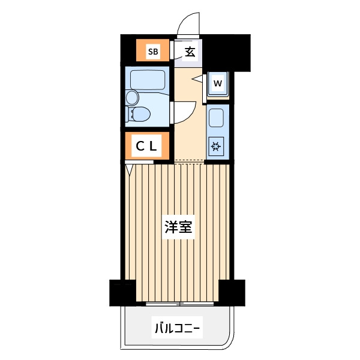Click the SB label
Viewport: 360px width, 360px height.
(x=153, y=52)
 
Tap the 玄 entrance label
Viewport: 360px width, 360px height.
(x=190, y=52)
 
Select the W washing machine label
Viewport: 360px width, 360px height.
(x=218, y=83)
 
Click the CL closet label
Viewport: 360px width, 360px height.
(x=146, y=146)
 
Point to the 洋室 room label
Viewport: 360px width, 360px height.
(x=178, y=227)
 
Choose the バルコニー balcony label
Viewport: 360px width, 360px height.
(x=177, y=328)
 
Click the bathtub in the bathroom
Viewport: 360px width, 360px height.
(x=148, y=80)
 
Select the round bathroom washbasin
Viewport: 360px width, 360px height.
(x=133, y=97)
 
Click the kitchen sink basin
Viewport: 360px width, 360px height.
(x=216, y=118)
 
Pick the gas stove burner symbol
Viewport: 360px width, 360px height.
(x=216, y=146)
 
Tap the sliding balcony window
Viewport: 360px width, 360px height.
(x=180, y=304)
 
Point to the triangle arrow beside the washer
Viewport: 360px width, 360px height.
(x=197, y=79)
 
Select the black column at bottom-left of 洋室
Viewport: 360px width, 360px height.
(x=122, y=293)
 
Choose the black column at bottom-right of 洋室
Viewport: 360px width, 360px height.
(x=232, y=293)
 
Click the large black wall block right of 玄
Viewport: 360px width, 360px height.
(x=226, y=53)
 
